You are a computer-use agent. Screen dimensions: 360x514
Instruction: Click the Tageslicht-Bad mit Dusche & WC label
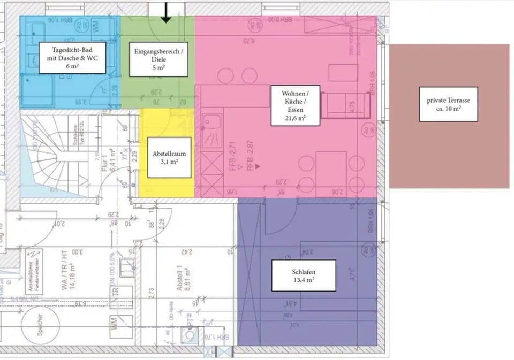pyautogui.click(x=72, y=58)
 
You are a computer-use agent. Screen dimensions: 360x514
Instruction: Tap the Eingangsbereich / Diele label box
pyautogui.click(x=158, y=59)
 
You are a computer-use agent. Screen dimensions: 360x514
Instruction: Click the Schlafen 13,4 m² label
pyautogui.click(x=303, y=275)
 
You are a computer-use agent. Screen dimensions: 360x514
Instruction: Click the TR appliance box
pyautogui.click(x=115, y=295)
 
